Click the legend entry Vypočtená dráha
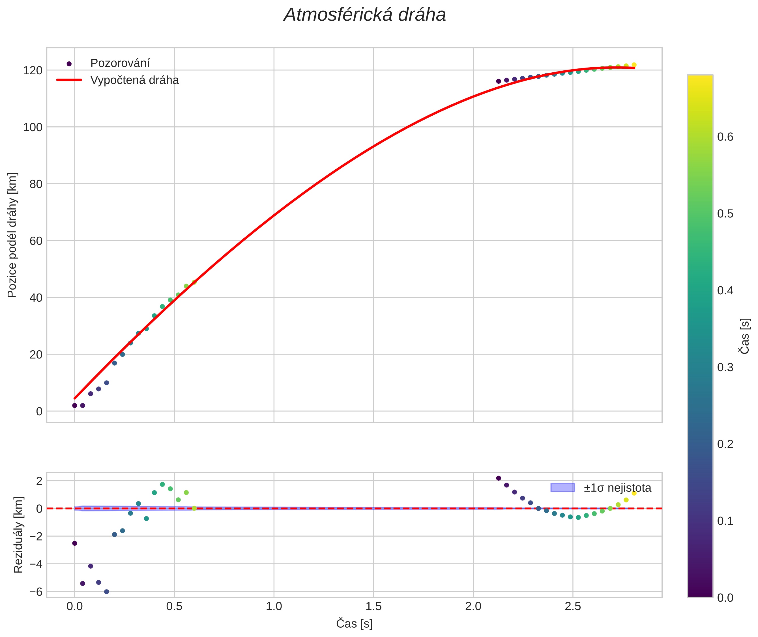tap(134, 80)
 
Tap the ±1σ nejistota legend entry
tap(617, 488)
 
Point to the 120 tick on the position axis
tap(33, 70)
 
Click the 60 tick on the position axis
tap(36, 241)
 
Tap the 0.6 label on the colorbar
tap(725, 137)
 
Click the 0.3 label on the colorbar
tap(725, 367)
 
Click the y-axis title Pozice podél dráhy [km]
tap(12, 235)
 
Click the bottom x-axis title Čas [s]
tap(354, 624)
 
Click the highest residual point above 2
tap(499, 478)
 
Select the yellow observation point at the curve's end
tap(634, 65)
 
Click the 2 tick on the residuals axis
tap(39, 481)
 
